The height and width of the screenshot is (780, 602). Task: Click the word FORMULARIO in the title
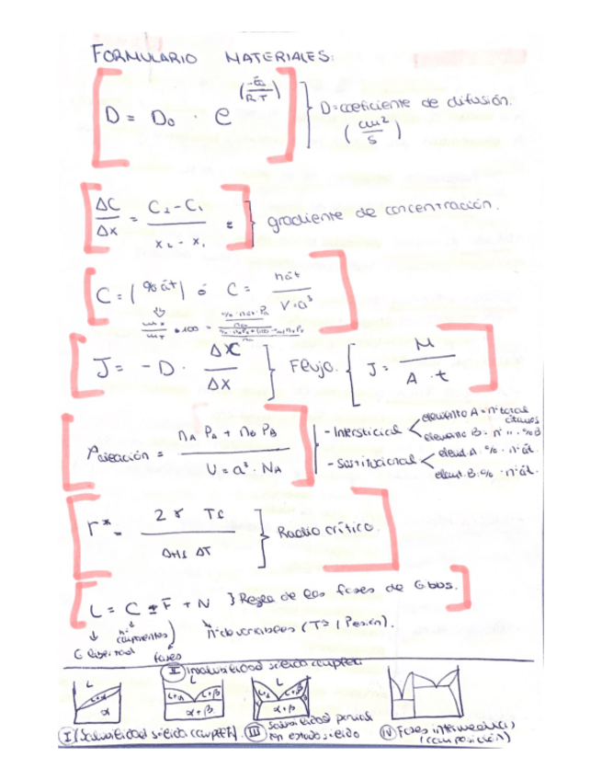point(146,57)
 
